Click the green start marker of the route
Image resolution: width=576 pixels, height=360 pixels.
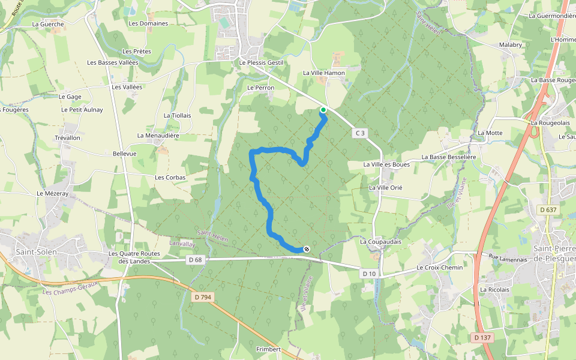click(323, 110)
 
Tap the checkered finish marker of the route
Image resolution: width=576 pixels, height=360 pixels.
click(307, 249)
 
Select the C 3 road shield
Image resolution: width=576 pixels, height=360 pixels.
click(360, 133)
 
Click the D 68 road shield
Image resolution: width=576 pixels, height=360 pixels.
click(194, 260)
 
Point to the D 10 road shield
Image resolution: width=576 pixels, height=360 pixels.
click(368, 273)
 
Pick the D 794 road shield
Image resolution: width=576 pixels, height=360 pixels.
click(204, 296)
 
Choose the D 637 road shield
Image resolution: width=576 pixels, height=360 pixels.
click(548, 209)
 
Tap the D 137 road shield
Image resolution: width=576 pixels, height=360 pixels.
click(482, 338)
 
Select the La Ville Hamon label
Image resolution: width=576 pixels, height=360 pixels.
click(324, 73)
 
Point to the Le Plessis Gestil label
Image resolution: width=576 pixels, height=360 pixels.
click(260, 62)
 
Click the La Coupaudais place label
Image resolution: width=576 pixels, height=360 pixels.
click(380, 242)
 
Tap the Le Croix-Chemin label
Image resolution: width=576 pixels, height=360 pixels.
click(440, 268)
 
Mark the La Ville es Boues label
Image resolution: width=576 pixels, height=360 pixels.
click(386, 164)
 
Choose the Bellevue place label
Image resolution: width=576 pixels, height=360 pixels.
click(125, 154)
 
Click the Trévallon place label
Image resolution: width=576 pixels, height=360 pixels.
click(67, 138)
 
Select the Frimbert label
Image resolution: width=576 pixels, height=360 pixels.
click(268, 349)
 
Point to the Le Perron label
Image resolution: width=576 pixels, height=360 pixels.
click(260, 88)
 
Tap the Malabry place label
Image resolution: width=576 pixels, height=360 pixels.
click(511, 45)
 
